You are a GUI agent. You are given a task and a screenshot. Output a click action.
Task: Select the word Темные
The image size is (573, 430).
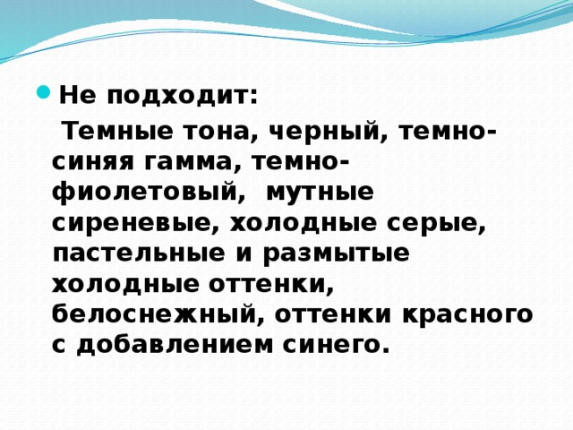click(x=114, y=132)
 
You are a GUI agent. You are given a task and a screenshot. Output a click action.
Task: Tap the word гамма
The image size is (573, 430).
click(x=192, y=163)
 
